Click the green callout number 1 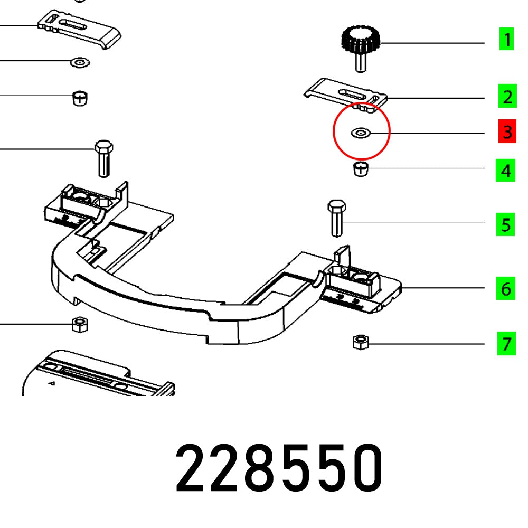507,40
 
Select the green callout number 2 507,97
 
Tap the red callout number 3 507,132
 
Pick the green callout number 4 507,171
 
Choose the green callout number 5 507,225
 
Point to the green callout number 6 507,289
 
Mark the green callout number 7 507,344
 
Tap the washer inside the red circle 360,133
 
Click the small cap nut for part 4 360,169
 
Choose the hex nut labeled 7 360,342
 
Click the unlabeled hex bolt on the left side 103,158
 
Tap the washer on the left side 80,63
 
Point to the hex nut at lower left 79,323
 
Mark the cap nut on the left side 79,98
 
